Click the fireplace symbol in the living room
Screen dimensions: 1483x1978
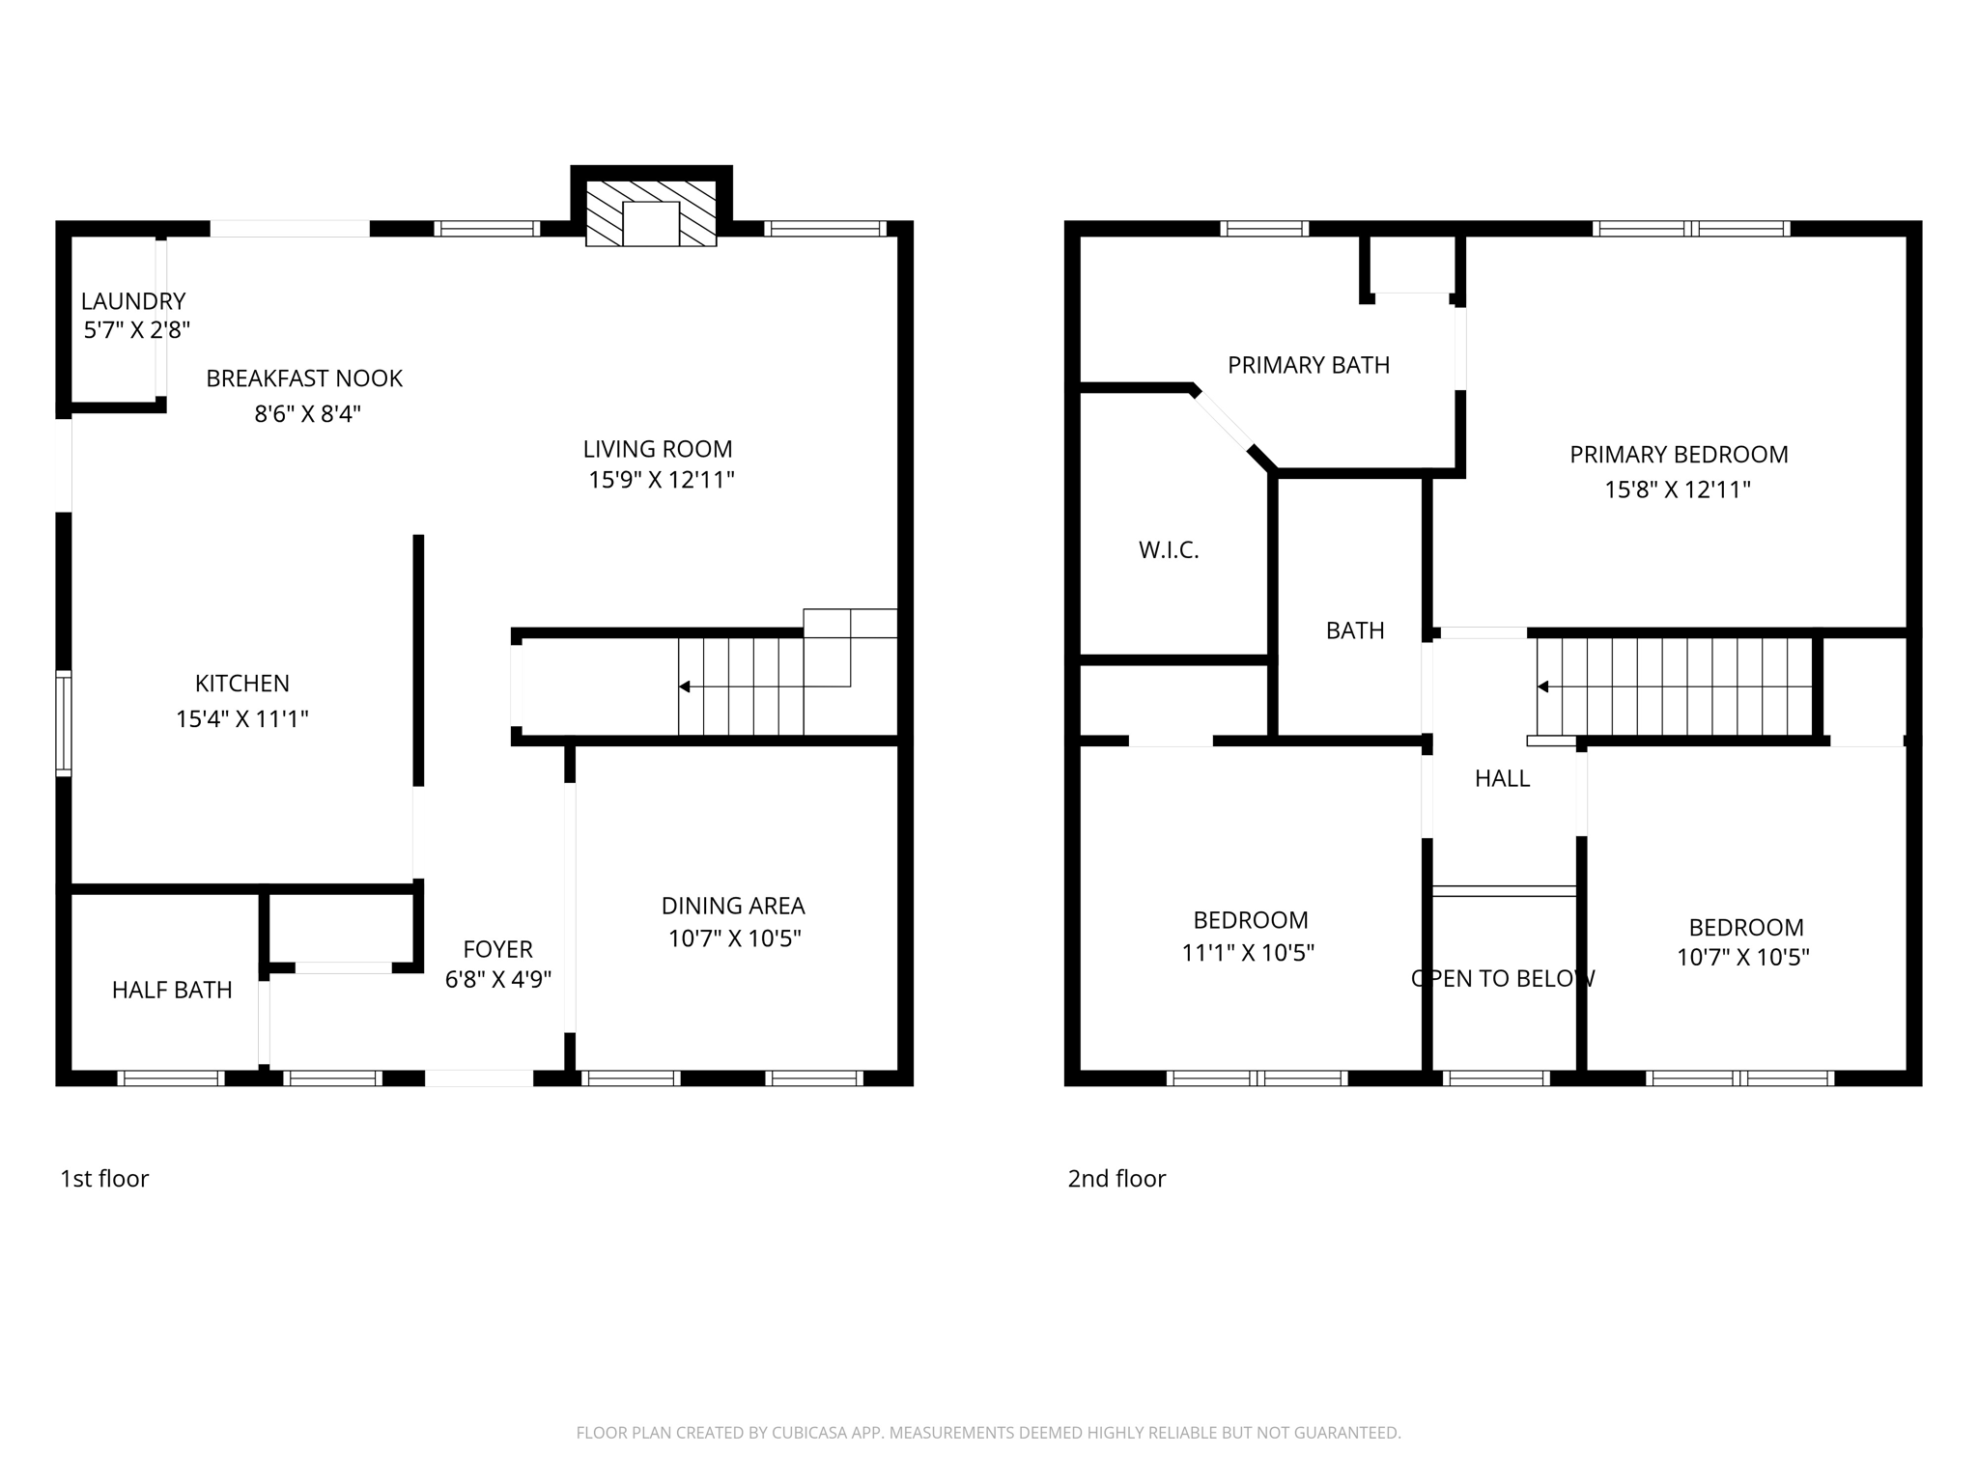click(651, 214)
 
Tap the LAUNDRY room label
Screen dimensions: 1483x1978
click(133, 301)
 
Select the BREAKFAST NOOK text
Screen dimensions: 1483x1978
click(304, 378)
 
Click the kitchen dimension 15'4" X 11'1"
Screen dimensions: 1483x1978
click(242, 719)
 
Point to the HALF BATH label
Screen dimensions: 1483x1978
click(172, 990)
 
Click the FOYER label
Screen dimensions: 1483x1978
click(497, 949)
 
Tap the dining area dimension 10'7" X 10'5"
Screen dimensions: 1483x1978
click(735, 938)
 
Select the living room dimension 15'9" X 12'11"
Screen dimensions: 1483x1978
click(662, 480)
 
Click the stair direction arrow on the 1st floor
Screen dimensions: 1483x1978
click(685, 686)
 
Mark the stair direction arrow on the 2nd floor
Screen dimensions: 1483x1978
click(1543, 686)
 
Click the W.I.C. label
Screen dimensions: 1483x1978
click(1169, 550)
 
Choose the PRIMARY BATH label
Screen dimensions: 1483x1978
click(1309, 365)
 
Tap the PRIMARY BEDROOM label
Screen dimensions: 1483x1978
click(1679, 455)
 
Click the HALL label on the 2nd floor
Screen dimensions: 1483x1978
click(1502, 778)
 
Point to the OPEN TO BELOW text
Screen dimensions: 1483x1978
click(1503, 979)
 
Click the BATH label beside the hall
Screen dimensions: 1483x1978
click(1355, 630)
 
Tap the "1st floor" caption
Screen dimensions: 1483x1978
click(104, 1179)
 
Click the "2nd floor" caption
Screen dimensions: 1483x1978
click(1116, 1179)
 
